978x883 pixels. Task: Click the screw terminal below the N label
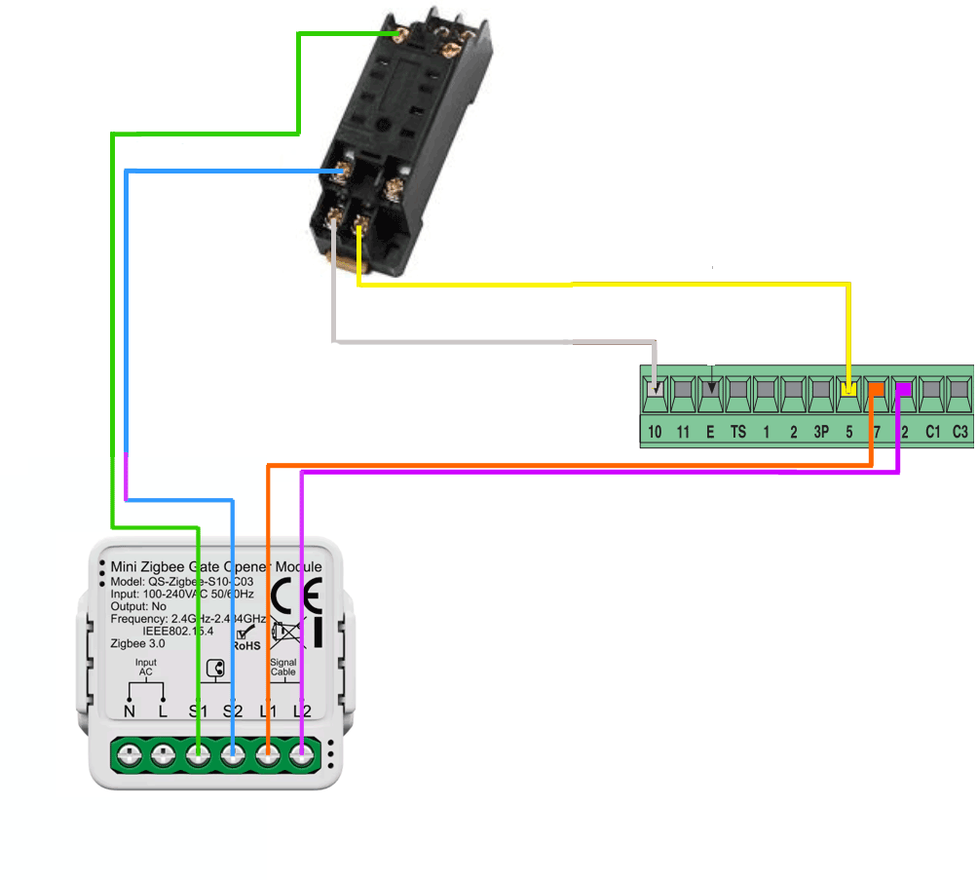click(129, 753)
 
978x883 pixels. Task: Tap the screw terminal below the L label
click(163, 753)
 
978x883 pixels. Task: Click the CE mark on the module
click(294, 594)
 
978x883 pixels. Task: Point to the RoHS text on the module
click(245, 645)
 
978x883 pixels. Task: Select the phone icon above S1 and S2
click(216, 669)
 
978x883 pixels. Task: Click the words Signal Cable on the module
click(282, 667)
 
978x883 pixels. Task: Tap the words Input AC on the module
click(145, 667)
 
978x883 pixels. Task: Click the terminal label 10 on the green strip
click(656, 431)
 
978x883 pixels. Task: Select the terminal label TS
click(738, 431)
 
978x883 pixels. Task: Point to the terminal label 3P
click(821, 431)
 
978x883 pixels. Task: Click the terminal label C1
click(933, 431)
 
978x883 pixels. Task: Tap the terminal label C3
click(960, 431)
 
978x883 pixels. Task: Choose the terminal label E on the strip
click(710, 431)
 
